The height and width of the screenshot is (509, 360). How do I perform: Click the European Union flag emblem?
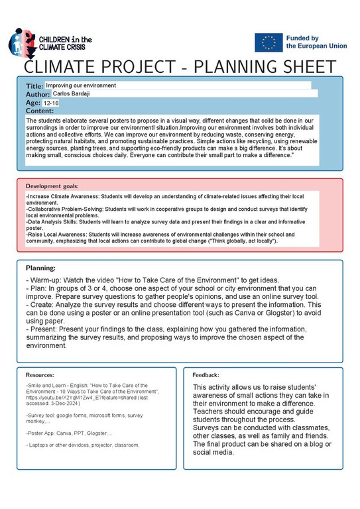pyautogui.click(x=268, y=42)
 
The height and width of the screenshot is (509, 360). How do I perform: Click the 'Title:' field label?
pyautogui.click(x=34, y=86)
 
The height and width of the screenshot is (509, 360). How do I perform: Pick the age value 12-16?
pyautogui.click(x=51, y=103)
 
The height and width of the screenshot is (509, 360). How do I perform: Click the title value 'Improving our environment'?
pyautogui.click(x=81, y=85)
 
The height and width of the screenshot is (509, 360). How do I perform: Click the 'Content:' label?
pyautogui.click(x=39, y=111)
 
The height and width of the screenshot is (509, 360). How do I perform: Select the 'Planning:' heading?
pyautogui.click(x=40, y=268)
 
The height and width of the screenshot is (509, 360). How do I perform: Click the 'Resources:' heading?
pyautogui.click(x=40, y=374)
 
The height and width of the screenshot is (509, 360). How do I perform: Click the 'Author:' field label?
pyautogui.click(x=38, y=95)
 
